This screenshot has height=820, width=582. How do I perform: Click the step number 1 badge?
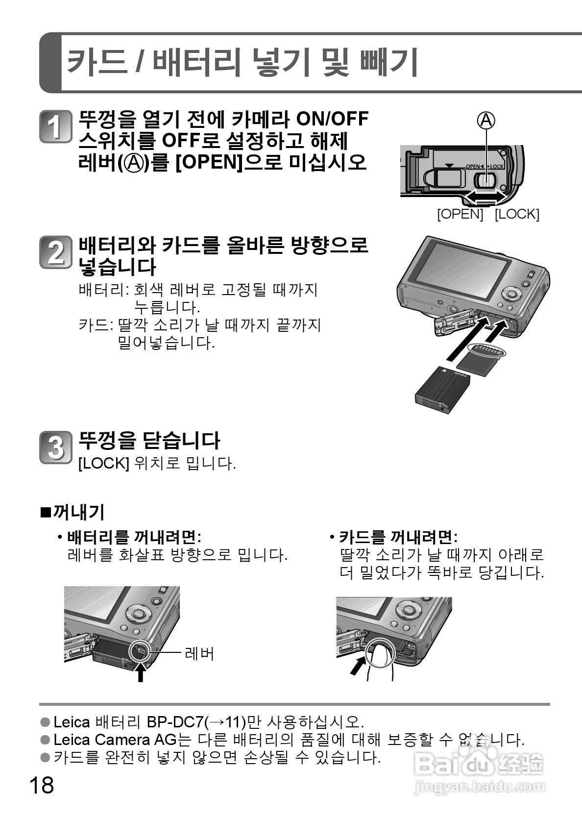[55, 127]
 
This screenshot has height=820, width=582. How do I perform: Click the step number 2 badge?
[55, 252]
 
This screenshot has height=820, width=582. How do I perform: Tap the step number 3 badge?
[55, 447]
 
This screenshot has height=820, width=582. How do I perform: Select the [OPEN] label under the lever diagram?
[460, 214]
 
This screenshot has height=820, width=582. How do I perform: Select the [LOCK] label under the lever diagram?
[516, 214]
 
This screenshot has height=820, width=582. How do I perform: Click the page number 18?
[41, 785]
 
